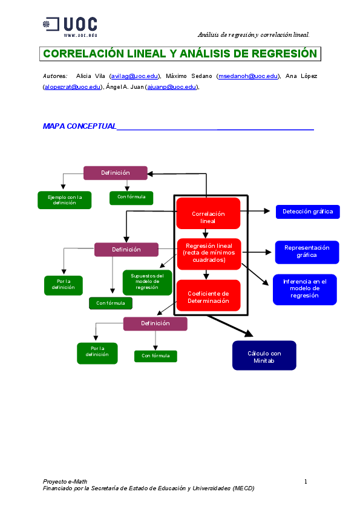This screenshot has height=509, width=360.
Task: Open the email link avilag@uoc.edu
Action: click(x=134, y=76)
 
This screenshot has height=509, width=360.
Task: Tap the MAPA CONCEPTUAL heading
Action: click(x=79, y=126)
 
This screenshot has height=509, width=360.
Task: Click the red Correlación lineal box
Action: click(x=208, y=217)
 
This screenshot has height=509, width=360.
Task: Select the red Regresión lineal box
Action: click(x=209, y=253)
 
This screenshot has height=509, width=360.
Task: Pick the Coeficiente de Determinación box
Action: click(x=208, y=296)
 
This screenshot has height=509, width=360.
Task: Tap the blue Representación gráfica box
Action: click(x=307, y=251)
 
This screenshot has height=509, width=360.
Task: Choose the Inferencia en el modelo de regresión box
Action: click(x=305, y=289)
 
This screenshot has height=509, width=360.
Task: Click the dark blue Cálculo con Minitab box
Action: click(x=264, y=355)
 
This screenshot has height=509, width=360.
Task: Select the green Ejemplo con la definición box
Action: click(x=65, y=199)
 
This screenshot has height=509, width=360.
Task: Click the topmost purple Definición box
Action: click(x=115, y=173)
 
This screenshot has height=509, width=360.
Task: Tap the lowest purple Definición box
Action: click(x=155, y=323)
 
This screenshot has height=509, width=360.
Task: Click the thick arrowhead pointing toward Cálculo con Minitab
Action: click(x=247, y=332)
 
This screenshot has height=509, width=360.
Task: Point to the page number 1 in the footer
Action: click(x=306, y=481)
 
